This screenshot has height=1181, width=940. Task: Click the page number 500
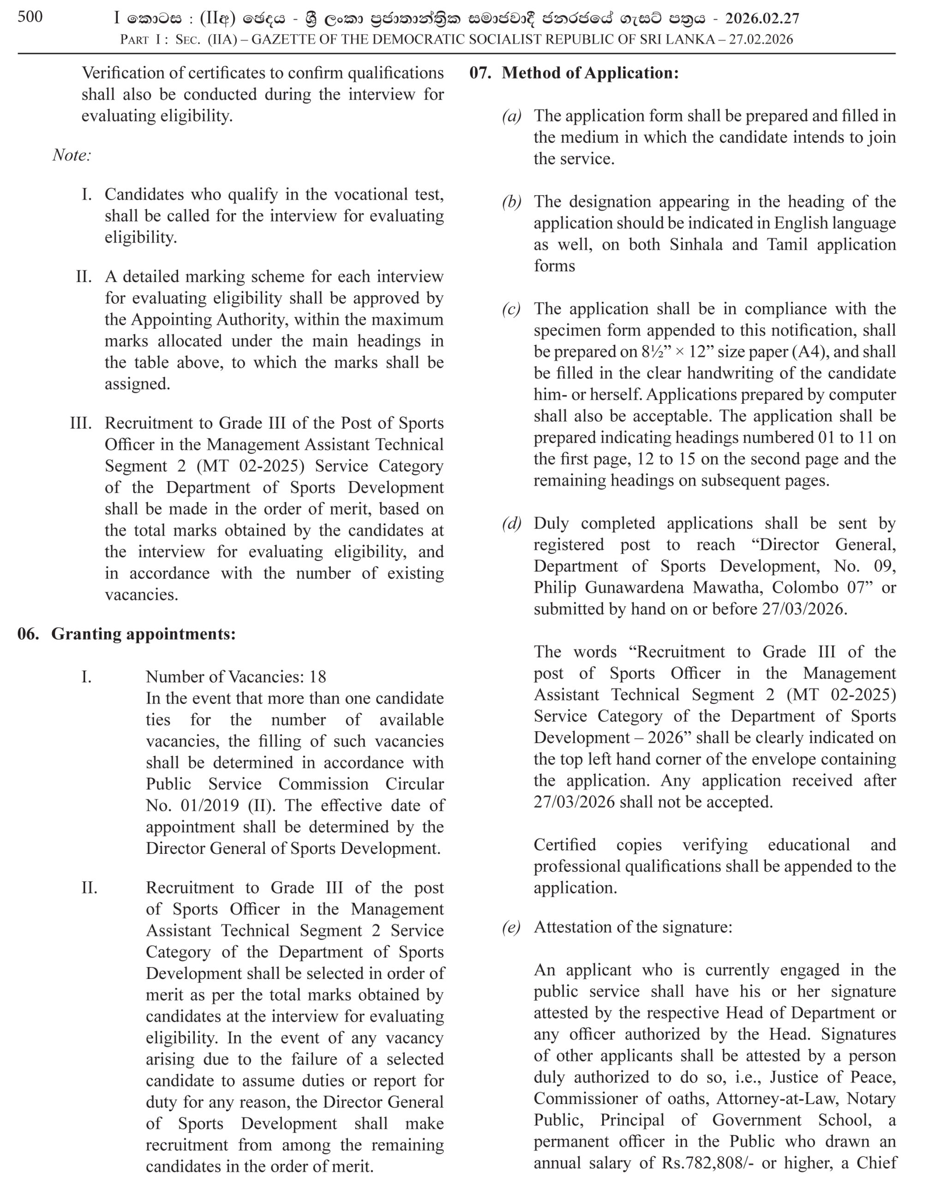(x=30, y=17)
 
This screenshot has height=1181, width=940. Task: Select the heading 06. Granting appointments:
(x=126, y=634)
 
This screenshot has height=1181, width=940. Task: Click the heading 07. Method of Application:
(x=574, y=73)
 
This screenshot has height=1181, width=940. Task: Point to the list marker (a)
(x=511, y=116)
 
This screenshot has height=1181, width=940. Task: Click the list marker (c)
(x=511, y=309)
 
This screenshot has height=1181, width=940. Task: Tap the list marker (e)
(x=511, y=927)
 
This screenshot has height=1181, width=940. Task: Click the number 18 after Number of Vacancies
(x=317, y=677)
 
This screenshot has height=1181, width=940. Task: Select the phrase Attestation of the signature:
(x=633, y=927)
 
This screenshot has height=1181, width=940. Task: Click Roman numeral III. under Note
(x=81, y=423)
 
